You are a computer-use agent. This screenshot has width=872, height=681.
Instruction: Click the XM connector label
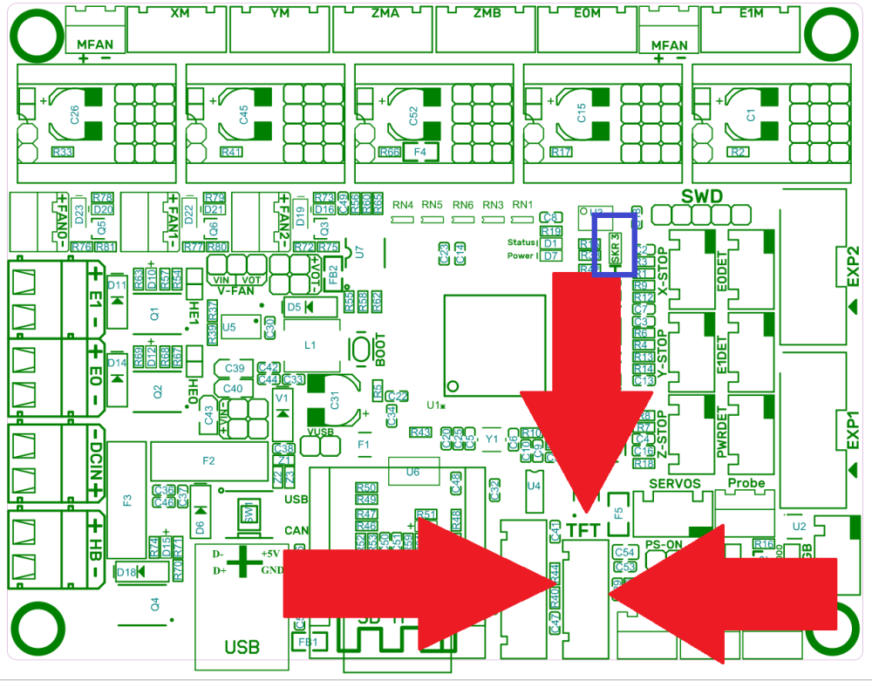pos(181,14)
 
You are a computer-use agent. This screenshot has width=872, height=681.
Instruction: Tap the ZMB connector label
pos(487,14)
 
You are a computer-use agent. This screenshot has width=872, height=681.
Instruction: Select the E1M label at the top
pos(751,14)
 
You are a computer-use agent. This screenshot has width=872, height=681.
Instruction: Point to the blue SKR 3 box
pos(615,245)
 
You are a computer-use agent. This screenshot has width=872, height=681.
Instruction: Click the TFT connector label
pos(583,529)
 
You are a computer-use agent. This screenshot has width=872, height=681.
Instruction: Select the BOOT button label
pos(379,350)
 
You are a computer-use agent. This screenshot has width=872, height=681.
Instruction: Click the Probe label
pos(746,483)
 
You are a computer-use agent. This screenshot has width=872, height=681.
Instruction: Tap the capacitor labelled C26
pos(74,114)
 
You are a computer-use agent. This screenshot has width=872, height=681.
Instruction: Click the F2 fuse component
pos(208,460)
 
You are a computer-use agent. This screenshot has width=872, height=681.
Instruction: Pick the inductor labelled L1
pos(310,344)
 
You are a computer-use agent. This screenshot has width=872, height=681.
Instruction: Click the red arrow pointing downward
pos(587,375)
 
